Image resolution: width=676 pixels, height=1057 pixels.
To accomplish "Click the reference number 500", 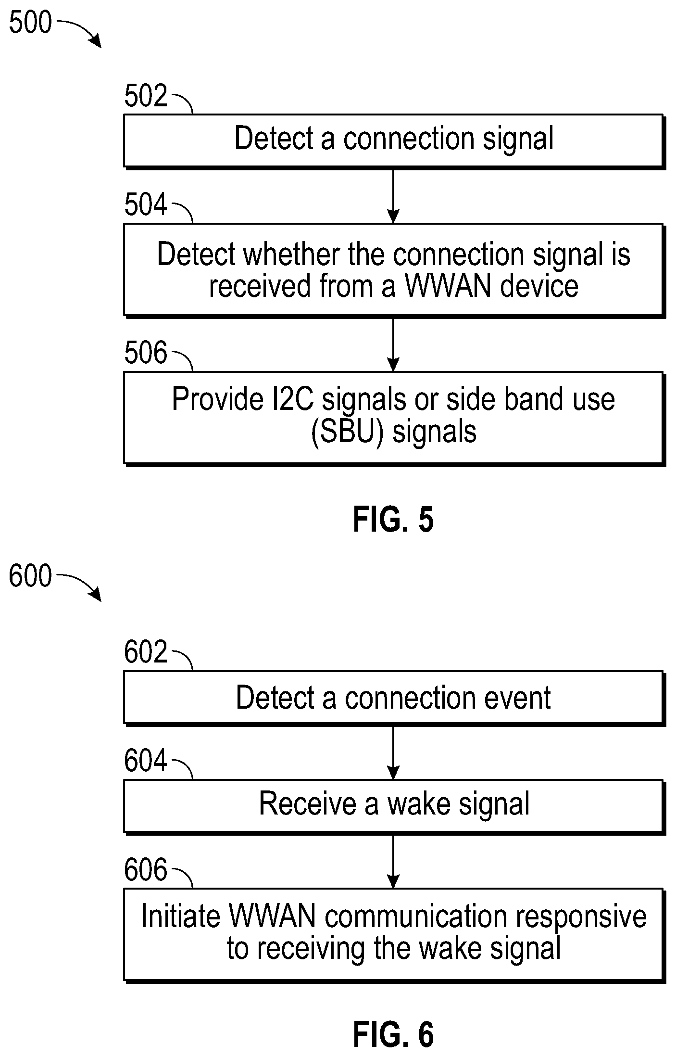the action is (30, 23).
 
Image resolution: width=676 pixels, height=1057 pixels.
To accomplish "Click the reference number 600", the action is (30, 576).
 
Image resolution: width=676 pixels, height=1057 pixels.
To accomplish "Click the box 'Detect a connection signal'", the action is (394, 141).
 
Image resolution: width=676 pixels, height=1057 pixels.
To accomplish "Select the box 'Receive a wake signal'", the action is (394, 806).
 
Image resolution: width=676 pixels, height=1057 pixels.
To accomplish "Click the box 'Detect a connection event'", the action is (394, 698).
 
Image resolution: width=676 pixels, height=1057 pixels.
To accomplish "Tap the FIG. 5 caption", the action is (393, 520).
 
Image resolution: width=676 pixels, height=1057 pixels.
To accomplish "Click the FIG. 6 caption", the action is (393, 1034).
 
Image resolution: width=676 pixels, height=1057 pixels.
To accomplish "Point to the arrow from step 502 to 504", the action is (393, 196).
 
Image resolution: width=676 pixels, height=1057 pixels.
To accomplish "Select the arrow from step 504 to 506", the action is (393, 344).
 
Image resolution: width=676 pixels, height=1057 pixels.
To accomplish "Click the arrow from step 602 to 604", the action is (393, 752).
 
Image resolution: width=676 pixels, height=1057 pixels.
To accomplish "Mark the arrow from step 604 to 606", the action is (393, 861).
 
